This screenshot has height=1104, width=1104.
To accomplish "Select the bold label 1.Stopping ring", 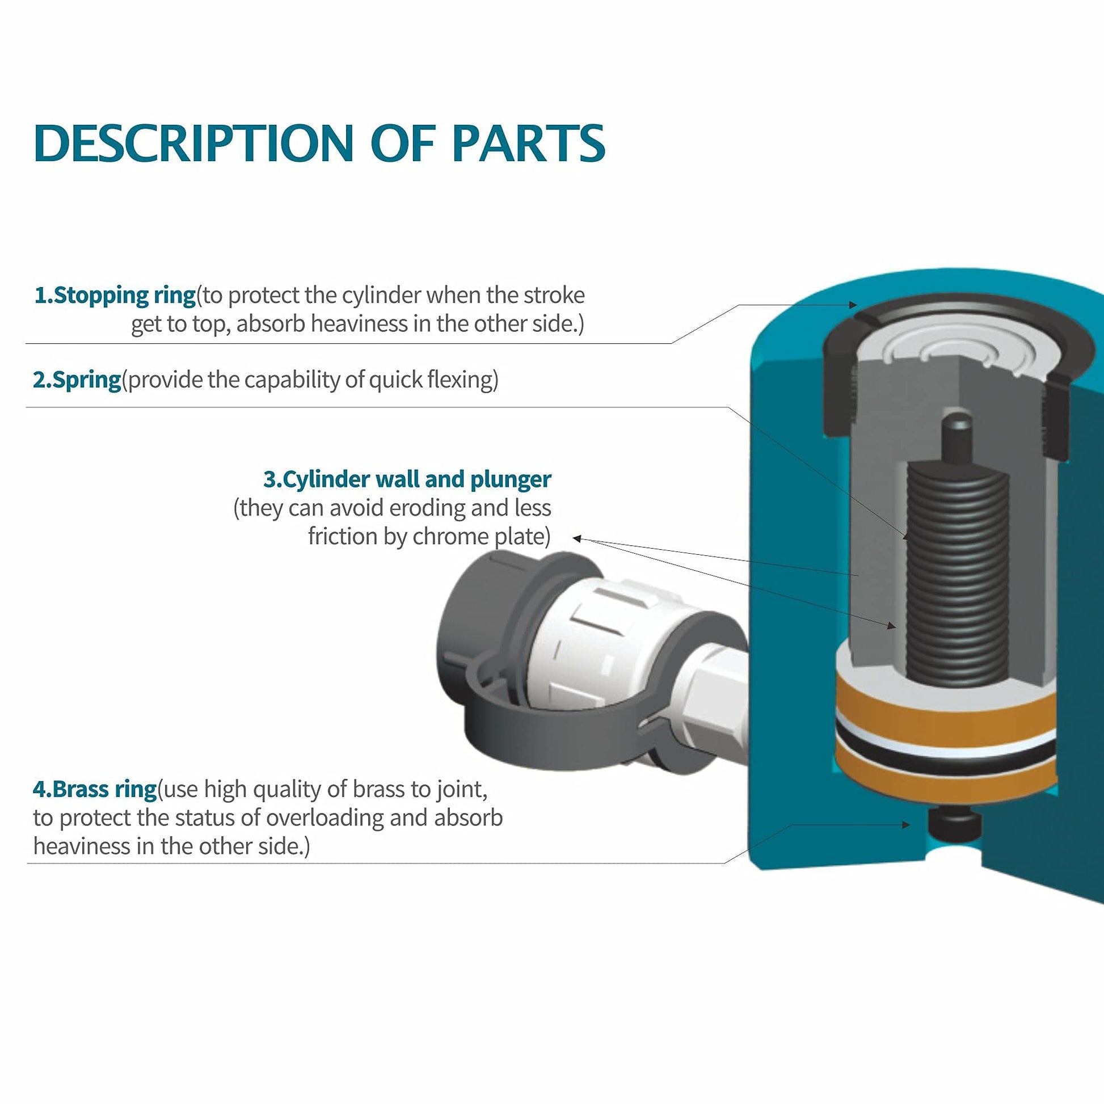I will [x=115, y=296].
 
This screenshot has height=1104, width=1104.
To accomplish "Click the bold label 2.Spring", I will [x=77, y=380].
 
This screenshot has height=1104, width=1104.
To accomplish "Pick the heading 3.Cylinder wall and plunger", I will [x=407, y=479].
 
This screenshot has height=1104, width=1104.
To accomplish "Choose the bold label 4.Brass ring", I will [x=94, y=789].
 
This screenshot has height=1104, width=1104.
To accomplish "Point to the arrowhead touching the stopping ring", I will [x=854, y=305].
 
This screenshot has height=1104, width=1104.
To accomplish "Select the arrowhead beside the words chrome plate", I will [x=577, y=538].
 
